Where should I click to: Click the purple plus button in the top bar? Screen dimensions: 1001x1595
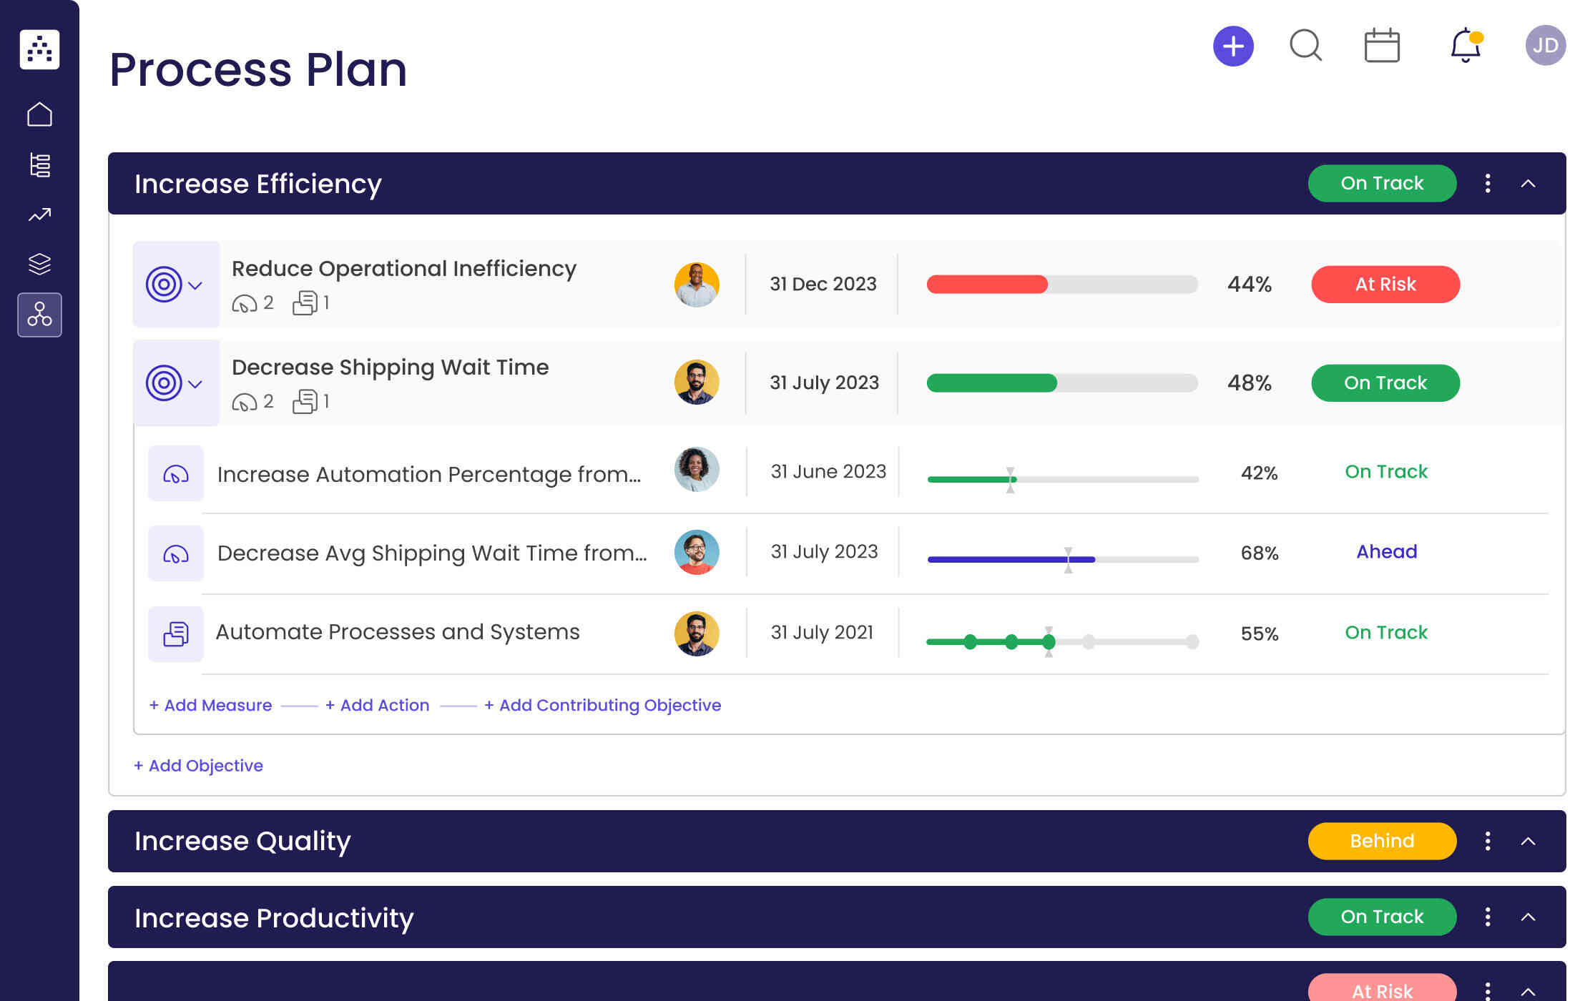pos(1233,46)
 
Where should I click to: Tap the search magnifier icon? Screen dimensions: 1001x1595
pos(1305,46)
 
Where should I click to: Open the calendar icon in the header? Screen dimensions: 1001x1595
pos(1382,46)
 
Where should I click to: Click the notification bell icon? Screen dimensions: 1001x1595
pos(1465,46)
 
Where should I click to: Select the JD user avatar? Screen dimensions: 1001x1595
pos(1545,46)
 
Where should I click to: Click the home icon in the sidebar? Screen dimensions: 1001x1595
pos(39,114)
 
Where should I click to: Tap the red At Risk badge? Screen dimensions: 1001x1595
pos(1385,285)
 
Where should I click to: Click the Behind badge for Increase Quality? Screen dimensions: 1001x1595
pos(1381,841)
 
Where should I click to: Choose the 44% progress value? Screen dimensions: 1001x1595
pos(1249,285)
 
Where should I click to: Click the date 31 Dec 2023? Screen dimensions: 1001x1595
pos(823,285)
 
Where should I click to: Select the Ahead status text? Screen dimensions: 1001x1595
pos(1386,552)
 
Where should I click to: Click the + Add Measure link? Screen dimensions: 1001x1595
pos(210,705)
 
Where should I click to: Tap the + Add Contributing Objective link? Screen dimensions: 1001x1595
pos(602,705)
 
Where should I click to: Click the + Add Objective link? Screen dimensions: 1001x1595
pos(198,766)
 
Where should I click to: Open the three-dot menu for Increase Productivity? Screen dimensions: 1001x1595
pos(1488,917)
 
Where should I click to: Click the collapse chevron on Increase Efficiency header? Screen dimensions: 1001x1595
pos(1528,184)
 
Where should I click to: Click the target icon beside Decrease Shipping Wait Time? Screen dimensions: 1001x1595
pos(164,383)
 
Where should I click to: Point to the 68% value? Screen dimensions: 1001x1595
pos(1259,553)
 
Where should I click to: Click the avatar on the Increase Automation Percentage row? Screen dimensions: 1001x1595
pos(696,470)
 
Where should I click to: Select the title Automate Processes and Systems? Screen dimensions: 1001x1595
pos(398,632)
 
